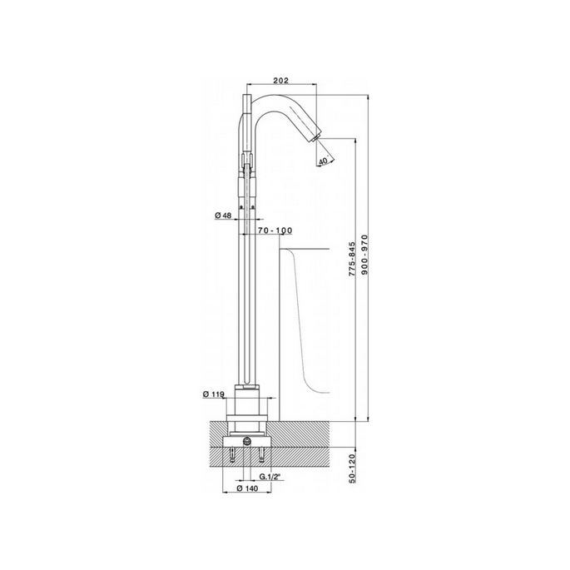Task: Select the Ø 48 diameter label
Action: click(223, 216)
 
